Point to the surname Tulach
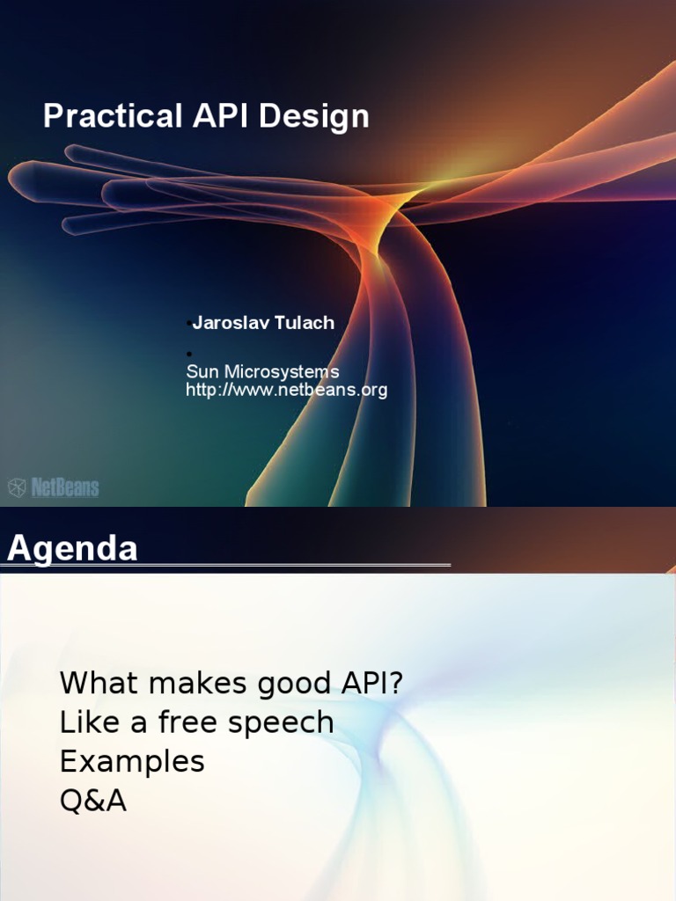(304, 323)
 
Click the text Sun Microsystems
(262, 372)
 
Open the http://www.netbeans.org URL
(286, 390)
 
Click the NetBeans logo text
(65, 487)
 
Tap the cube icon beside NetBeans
(18, 487)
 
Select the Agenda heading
(72, 548)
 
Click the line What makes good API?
(231, 682)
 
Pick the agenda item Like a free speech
(196, 722)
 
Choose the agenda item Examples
(132, 761)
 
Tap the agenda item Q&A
(93, 801)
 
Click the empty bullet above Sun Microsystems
(188, 354)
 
